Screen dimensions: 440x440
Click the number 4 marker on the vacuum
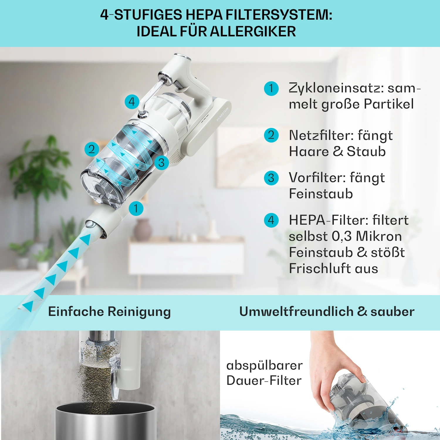(x=132, y=102)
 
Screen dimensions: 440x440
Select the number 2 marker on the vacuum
(x=92, y=149)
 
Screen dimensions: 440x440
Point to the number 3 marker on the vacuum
(x=161, y=163)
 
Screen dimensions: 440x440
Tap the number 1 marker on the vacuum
(x=136, y=208)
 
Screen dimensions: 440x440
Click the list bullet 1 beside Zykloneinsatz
(x=271, y=89)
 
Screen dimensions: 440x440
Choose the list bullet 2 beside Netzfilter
(x=271, y=135)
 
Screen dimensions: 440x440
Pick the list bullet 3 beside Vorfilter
(x=271, y=178)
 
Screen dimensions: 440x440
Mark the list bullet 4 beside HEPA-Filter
(x=271, y=220)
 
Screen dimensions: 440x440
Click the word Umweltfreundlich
(x=296, y=312)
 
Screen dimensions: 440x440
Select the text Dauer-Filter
(x=264, y=381)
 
